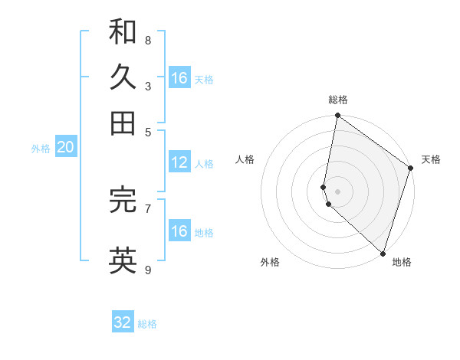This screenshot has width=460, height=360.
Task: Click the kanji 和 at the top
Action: point(123,31)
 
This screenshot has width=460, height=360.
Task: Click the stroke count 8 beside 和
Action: point(147,40)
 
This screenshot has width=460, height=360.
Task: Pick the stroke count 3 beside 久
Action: point(147,86)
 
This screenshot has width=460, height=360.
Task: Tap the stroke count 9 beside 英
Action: point(147,270)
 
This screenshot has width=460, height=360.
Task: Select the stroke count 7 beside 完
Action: point(147,208)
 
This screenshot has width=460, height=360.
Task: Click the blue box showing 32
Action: point(123,322)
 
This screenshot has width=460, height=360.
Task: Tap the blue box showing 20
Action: point(65,148)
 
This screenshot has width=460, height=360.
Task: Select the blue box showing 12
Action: point(179,162)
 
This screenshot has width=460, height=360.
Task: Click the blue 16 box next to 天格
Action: point(179,78)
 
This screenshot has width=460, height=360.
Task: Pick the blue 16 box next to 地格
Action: point(179,231)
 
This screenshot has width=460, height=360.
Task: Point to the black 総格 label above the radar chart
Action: point(338,100)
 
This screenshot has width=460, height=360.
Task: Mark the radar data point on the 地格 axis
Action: point(382,254)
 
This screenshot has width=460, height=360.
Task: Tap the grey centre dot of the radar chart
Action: point(337,191)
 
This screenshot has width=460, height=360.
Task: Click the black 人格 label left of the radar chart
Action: point(245,159)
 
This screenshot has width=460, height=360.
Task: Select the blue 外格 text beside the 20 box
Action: point(40,149)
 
